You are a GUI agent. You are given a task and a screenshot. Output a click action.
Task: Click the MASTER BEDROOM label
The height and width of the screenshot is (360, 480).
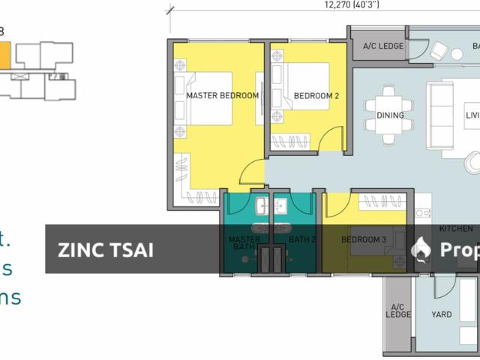pyautogui.click(x=222, y=96)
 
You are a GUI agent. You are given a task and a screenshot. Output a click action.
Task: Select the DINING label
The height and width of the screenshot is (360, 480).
pyautogui.click(x=390, y=115)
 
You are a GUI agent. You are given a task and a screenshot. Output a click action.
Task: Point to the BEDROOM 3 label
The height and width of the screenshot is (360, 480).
pyautogui.click(x=364, y=239)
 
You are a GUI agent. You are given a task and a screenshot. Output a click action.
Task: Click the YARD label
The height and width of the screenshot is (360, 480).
pyautogui.click(x=442, y=314)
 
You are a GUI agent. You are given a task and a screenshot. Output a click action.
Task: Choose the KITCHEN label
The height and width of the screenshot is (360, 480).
pyautogui.click(x=456, y=228)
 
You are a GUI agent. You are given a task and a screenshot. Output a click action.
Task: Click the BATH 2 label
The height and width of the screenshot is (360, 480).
pyautogui.click(x=303, y=239)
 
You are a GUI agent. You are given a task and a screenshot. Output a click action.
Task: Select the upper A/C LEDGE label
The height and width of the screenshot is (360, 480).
pyautogui.click(x=383, y=46)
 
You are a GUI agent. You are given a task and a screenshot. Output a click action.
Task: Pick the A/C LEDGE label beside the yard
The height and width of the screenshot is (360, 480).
pyautogui.click(x=398, y=310)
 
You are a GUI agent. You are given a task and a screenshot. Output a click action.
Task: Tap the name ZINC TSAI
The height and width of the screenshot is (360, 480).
pyautogui.click(x=106, y=249)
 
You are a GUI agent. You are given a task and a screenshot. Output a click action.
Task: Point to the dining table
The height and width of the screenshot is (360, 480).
pyautogui.click(x=390, y=114)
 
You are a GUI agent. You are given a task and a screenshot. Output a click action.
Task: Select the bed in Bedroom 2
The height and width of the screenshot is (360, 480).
pyautogui.click(x=304, y=86)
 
